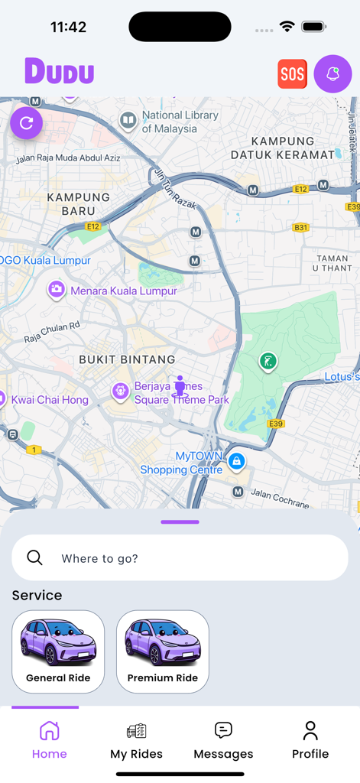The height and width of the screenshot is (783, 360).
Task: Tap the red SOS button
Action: click(x=292, y=74)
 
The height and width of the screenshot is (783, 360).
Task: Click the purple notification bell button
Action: click(x=332, y=74)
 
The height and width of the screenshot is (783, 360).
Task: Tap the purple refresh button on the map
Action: click(x=26, y=123)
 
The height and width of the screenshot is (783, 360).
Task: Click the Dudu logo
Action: click(x=59, y=72)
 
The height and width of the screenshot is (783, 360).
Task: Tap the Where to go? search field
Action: click(x=180, y=558)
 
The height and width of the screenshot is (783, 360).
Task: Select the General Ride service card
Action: click(x=58, y=651)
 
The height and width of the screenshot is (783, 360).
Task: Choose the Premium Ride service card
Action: click(x=163, y=651)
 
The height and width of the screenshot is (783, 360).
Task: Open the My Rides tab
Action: click(x=136, y=740)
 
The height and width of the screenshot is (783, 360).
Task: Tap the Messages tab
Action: click(x=223, y=740)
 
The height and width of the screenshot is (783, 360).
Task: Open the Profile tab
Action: click(x=310, y=740)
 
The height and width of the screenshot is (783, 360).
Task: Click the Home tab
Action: click(x=50, y=740)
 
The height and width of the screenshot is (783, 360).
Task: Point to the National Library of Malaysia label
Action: click(x=180, y=122)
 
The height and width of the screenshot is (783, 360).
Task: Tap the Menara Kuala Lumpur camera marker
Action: click(x=56, y=290)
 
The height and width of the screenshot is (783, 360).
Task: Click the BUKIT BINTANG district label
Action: click(x=127, y=359)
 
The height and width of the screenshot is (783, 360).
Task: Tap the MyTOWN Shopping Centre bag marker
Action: click(x=237, y=461)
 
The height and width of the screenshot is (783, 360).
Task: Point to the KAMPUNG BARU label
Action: click(x=79, y=203)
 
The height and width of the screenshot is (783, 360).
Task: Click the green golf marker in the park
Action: click(x=268, y=362)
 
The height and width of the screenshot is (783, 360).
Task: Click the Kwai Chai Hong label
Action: click(x=50, y=400)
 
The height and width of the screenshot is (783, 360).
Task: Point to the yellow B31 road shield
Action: click(x=301, y=228)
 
